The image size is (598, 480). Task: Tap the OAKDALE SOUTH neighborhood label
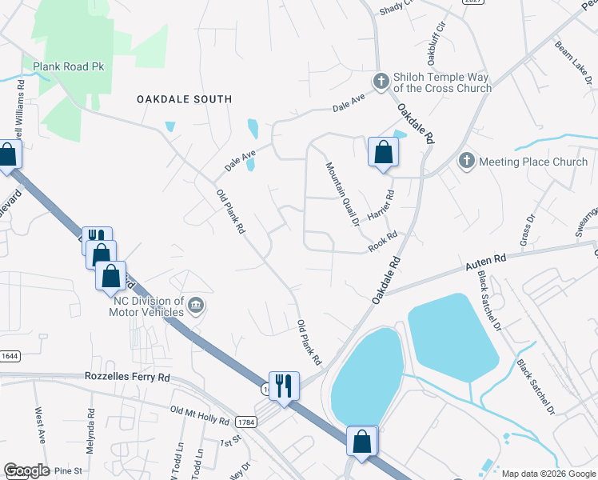point(184,99)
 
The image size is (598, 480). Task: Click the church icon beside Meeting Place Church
point(467,162)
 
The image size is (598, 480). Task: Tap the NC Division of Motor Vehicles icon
point(196,305)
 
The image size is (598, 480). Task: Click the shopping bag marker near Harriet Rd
point(383,152)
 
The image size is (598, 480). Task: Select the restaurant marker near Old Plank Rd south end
point(284,386)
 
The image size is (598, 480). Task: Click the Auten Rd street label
point(485,261)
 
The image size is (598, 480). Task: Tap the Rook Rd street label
point(383,243)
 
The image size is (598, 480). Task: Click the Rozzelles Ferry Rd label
point(128,377)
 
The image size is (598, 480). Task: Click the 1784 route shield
point(245,422)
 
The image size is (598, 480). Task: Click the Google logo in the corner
point(26,470)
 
